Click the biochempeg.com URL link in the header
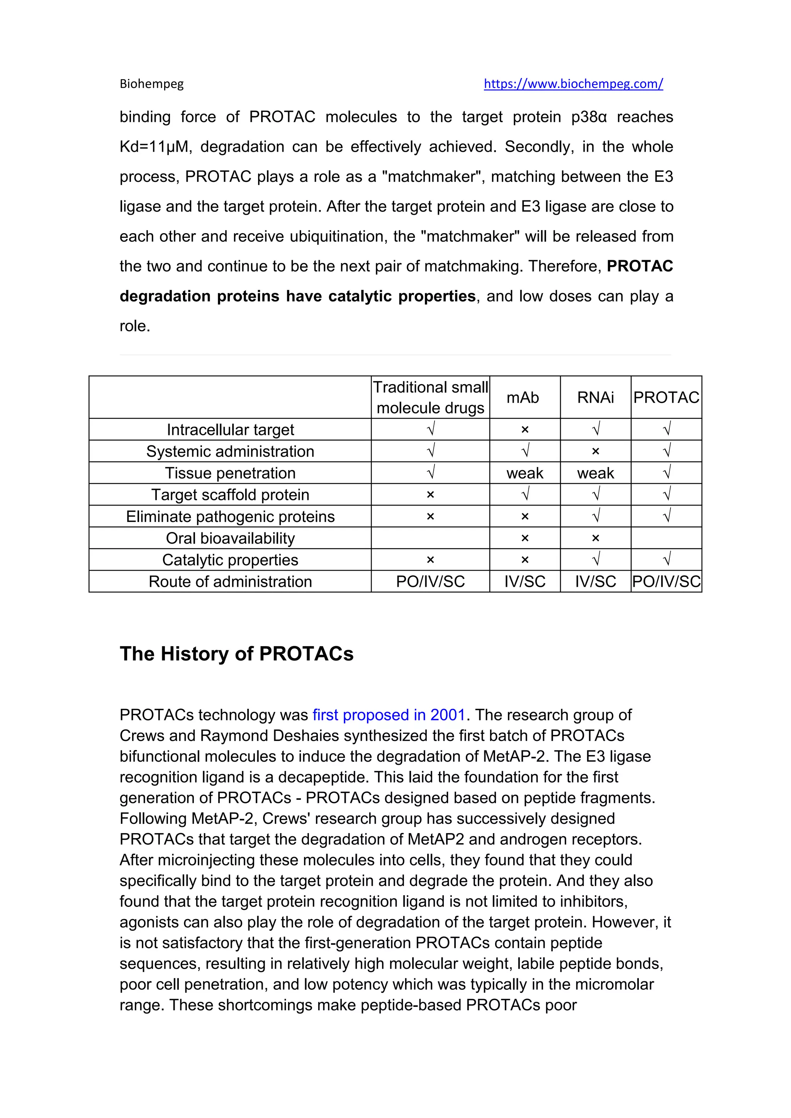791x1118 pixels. (x=573, y=84)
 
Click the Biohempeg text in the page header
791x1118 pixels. (x=151, y=84)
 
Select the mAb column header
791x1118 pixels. (x=523, y=397)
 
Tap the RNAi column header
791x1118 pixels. (x=595, y=397)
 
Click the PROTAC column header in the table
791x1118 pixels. (x=666, y=397)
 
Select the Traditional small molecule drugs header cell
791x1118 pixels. (x=431, y=397)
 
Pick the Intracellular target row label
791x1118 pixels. (x=230, y=429)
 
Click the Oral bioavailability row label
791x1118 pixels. (x=230, y=538)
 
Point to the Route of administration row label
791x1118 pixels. (x=230, y=581)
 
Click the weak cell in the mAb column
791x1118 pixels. (x=525, y=473)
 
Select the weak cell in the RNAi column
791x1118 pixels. (x=595, y=473)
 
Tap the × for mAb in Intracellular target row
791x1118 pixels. (x=525, y=429)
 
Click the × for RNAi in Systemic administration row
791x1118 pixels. (x=595, y=451)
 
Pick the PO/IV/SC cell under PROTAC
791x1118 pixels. (x=666, y=581)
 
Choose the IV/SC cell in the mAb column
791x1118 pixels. (x=525, y=581)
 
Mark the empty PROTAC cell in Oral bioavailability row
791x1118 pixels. (x=666, y=538)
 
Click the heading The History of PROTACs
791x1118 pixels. (x=237, y=654)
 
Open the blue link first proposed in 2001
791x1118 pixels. (x=389, y=715)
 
